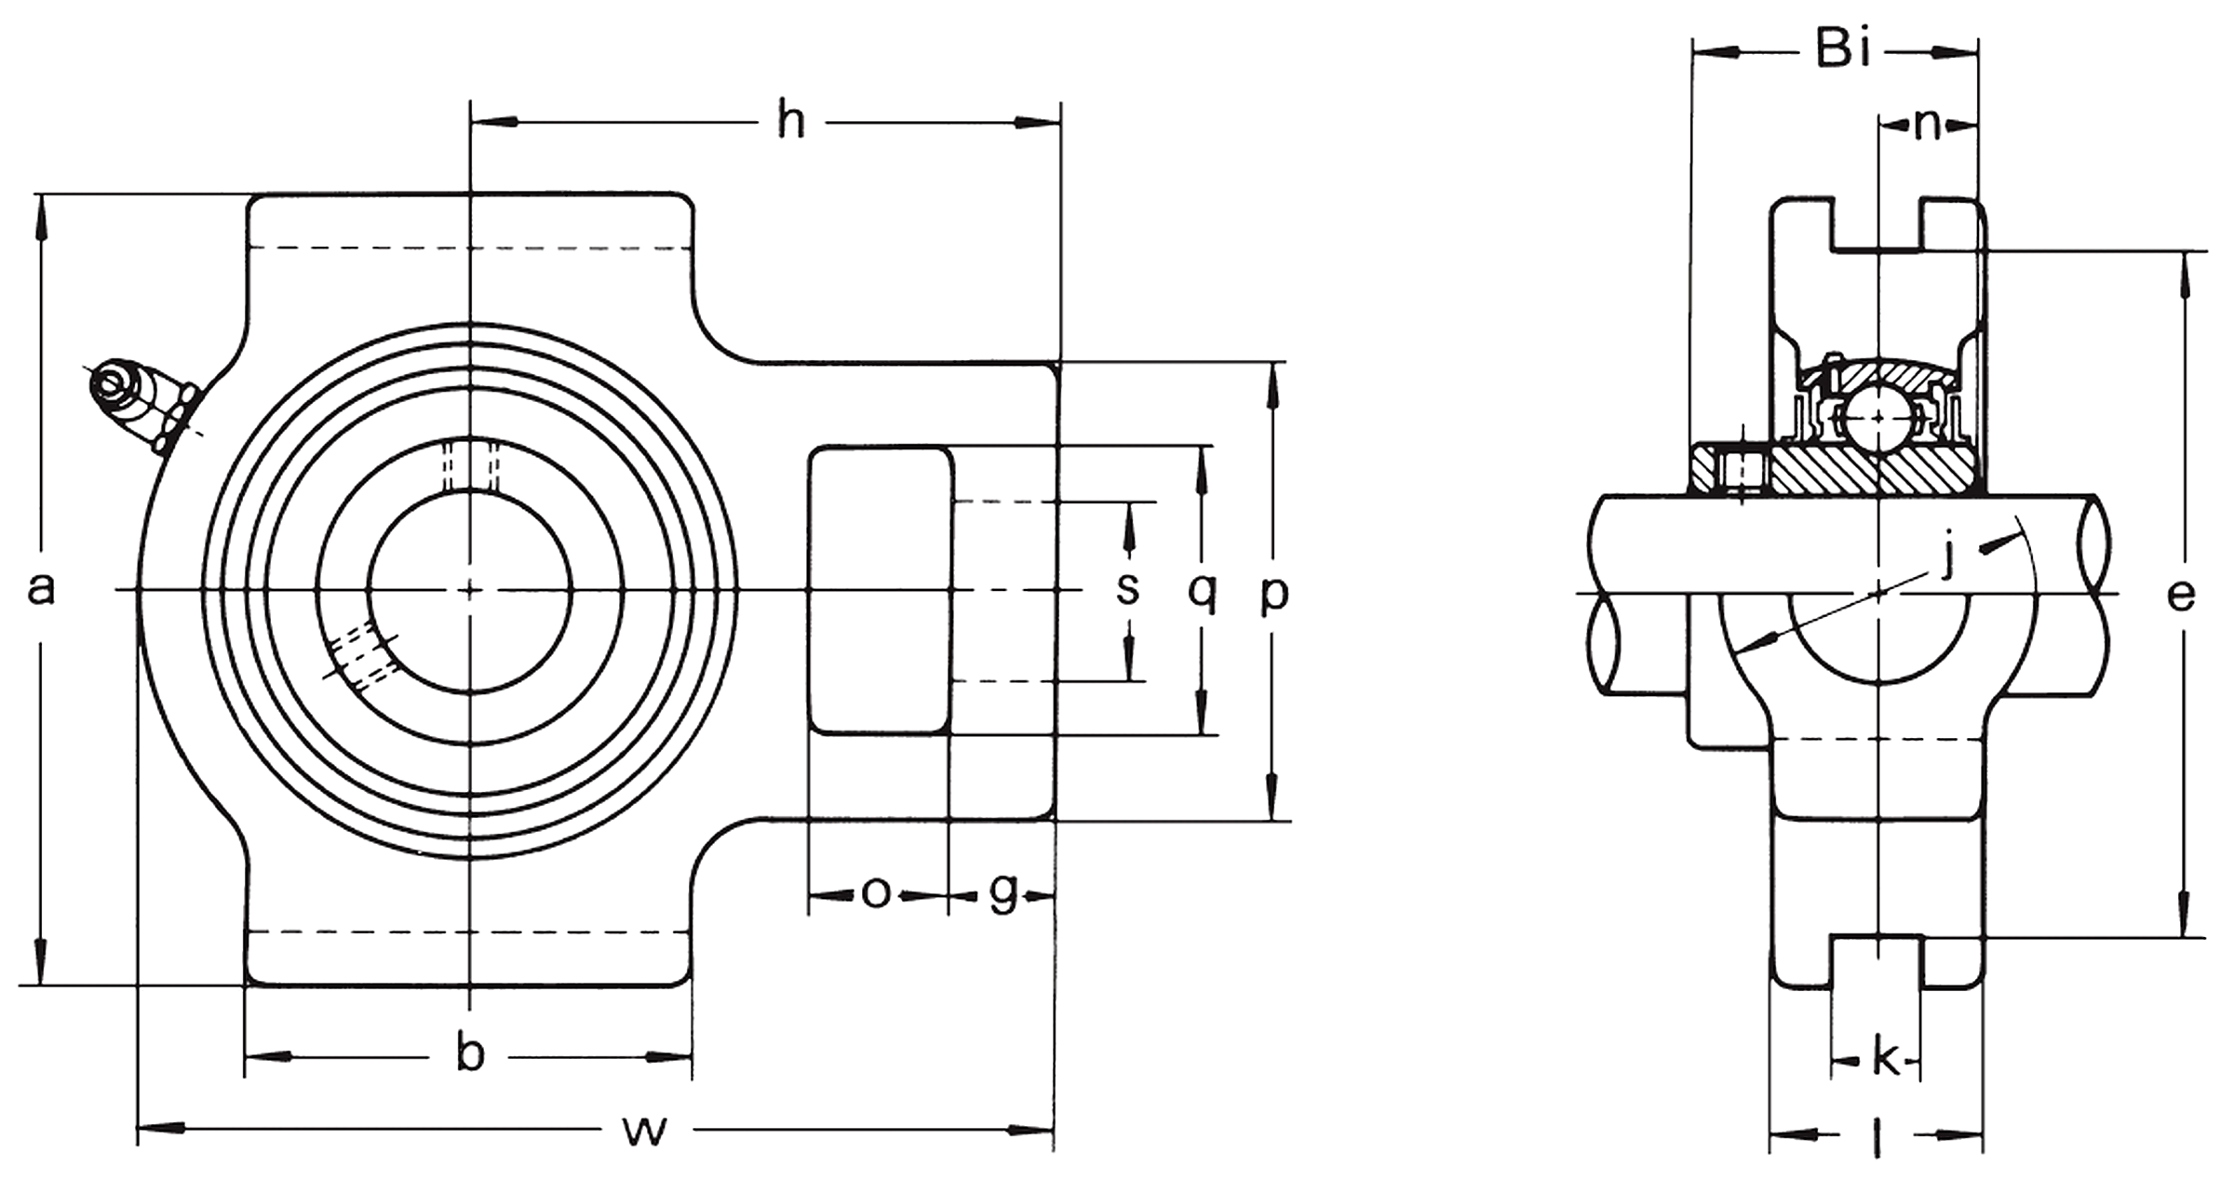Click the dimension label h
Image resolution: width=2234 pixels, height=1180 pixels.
[x=791, y=122]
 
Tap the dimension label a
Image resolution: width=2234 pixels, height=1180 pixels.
[x=40, y=589]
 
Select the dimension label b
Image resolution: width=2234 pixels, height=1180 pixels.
[x=471, y=1054]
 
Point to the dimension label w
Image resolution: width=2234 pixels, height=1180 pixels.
[x=645, y=1132]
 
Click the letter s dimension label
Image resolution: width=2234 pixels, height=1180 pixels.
[x=1128, y=589]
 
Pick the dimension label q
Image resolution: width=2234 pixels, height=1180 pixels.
[x=1203, y=593]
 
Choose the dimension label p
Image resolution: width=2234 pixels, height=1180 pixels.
[x=1274, y=595]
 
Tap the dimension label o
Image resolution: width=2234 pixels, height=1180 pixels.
[x=876, y=893]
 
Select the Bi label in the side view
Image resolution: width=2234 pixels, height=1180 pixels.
[x=1843, y=48]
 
